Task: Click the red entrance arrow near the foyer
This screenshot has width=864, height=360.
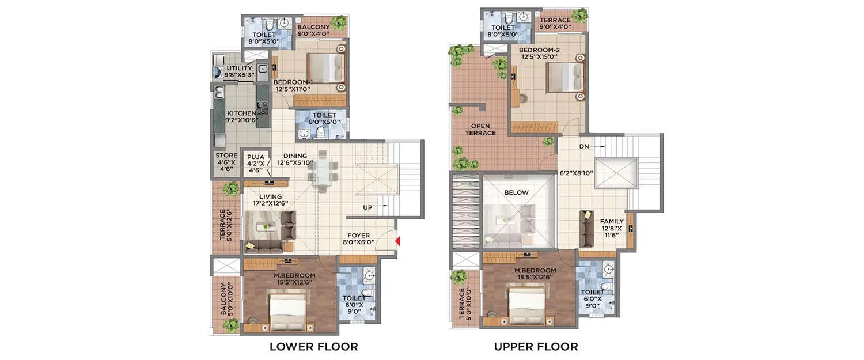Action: tap(397, 241)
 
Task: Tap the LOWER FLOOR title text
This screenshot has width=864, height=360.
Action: tap(314, 347)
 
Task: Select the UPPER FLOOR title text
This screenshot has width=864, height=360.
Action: tap(535, 347)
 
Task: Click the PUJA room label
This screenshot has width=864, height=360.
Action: tap(255, 164)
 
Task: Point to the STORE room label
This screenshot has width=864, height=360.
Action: tap(226, 162)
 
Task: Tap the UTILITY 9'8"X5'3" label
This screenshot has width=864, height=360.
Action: tap(239, 71)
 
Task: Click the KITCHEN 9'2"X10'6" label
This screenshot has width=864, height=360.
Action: tap(242, 117)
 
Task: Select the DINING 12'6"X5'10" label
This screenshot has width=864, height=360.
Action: tap(295, 160)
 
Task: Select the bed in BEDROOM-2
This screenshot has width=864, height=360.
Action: tap(565, 77)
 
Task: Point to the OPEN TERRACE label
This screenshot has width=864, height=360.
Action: tap(483, 129)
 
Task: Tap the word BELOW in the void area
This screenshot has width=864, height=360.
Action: tap(516, 193)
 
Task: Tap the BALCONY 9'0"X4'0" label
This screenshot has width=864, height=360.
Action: tap(313, 31)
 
